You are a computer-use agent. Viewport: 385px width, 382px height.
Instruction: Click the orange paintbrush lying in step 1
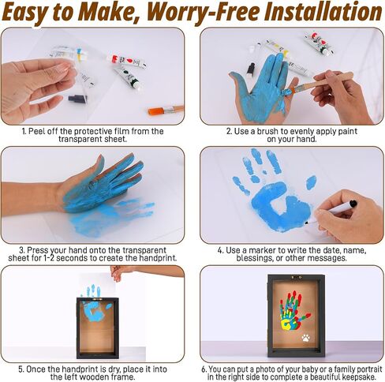pos(166,110)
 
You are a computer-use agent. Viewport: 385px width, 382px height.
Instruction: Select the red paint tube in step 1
pos(126,61)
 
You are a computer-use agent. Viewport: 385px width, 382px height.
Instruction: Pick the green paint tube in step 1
pos(127,77)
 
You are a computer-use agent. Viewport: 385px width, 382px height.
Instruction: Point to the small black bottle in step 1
pos(78,99)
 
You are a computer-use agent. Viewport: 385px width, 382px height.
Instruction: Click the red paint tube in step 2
pos(320,43)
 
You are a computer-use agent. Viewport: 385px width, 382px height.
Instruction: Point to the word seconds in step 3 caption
pos(72,258)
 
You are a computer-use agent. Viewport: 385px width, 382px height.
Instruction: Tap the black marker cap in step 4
pos(353,204)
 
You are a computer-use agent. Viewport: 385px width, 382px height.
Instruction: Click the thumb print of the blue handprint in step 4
pos(311,182)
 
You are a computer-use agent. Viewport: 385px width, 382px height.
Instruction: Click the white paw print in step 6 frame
pos(306,338)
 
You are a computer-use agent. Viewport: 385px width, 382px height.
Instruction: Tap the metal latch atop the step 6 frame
pos(296,277)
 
